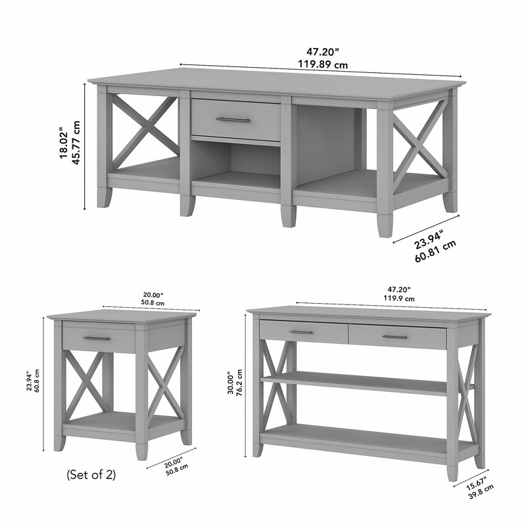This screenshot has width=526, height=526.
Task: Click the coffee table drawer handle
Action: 233,120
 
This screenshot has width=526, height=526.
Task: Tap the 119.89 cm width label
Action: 323,64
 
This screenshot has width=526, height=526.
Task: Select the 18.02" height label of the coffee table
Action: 64,143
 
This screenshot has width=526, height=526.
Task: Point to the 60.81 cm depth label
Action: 435,251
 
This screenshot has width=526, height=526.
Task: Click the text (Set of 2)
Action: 91,474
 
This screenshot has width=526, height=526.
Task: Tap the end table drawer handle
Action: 97,338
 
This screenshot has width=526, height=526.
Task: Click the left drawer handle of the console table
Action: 301,332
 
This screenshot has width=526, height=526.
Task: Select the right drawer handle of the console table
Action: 395,337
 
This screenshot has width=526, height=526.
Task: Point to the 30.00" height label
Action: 231,383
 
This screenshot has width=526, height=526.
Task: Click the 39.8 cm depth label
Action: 481,491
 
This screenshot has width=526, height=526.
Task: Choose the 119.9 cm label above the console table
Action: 399,299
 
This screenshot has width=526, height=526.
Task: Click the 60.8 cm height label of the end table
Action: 37,383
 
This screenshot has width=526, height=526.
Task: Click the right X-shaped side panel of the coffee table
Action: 421,144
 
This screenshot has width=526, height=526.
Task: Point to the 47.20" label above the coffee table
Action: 323,52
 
